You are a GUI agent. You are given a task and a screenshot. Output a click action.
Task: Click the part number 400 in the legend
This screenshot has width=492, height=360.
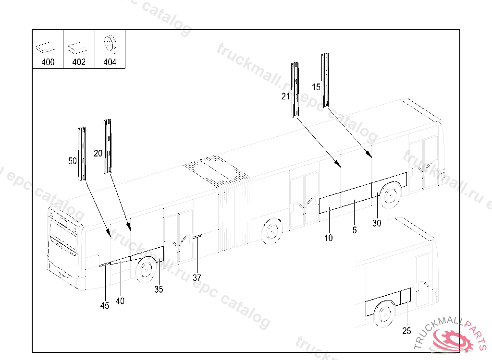(x=48, y=62)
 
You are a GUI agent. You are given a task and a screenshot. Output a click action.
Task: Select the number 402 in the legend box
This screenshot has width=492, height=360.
(x=79, y=62)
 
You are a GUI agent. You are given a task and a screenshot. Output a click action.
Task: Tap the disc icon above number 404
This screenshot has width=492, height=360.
(x=110, y=45)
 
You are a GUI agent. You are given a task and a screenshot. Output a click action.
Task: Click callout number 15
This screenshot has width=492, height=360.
(x=316, y=87)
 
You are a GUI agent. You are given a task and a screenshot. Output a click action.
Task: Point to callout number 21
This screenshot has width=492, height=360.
(x=285, y=96)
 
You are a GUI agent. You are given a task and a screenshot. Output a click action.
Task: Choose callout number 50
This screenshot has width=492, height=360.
(x=73, y=161)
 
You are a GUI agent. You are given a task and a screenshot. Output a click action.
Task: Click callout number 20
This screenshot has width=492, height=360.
(x=98, y=154)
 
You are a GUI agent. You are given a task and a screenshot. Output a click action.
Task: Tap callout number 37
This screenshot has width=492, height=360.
(x=197, y=277)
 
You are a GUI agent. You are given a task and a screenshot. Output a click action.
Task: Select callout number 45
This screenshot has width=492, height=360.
(x=105, y=306)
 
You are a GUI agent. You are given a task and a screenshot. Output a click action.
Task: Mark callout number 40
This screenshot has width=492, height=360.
(x=120, y=301)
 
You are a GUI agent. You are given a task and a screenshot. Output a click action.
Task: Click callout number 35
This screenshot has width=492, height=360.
(x=159, y=289)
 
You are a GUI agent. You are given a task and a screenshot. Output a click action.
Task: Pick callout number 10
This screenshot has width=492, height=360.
(x=329, y=238)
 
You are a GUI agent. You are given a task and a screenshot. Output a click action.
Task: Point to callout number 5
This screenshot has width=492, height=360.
(x=355, y=230)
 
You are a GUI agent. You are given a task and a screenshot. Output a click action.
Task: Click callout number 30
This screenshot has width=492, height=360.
(x=377, y=223)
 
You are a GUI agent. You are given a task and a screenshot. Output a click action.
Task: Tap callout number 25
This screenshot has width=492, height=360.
(x=406, y=331)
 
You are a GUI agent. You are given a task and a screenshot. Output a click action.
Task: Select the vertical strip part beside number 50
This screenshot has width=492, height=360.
(x=82, y=154)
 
